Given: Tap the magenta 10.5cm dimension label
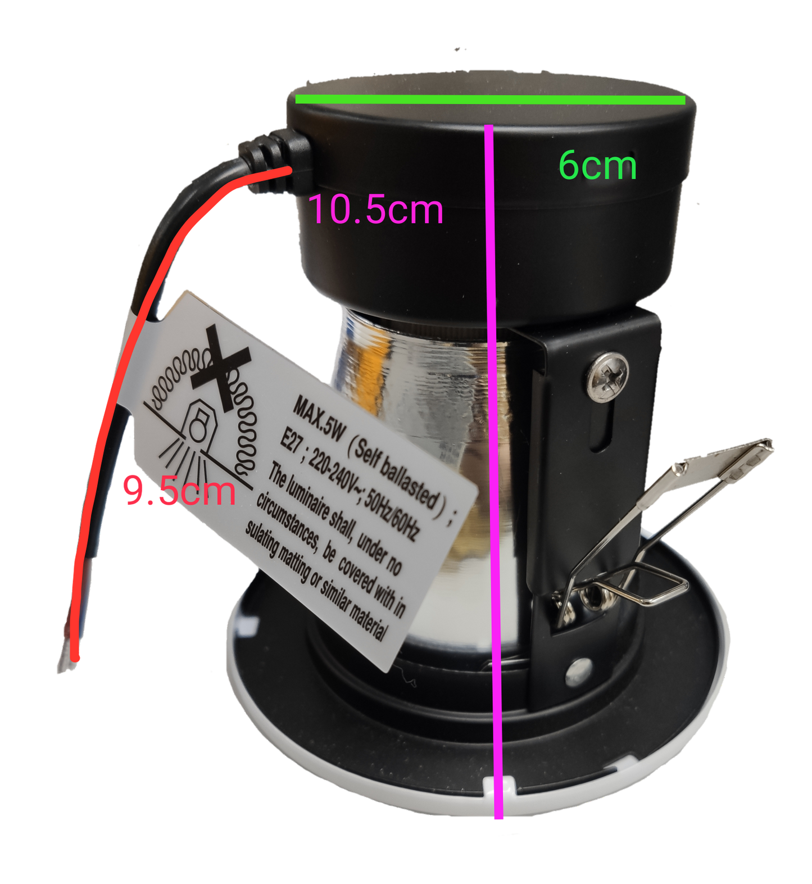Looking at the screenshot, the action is [376, 209].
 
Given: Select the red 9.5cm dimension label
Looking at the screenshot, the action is [179, 491].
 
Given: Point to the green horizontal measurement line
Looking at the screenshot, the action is [490, 100].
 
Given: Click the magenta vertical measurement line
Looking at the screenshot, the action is [494, 471].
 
